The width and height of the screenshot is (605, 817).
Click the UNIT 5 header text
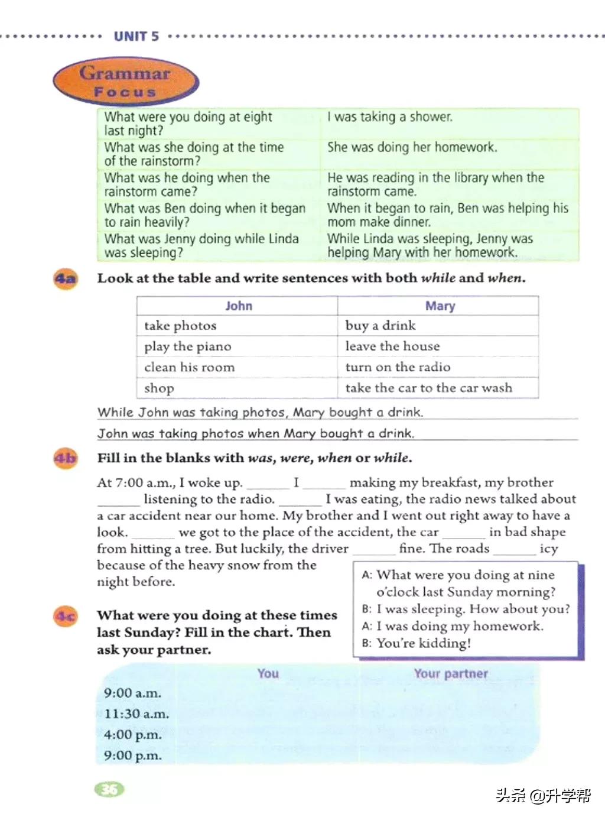click(136, 36)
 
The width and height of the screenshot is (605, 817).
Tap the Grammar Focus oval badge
click(125, 82)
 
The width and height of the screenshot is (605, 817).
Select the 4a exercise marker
click(66, 278)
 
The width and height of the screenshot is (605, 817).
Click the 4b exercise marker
click(66, 458)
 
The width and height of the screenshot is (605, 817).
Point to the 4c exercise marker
click(66, 617)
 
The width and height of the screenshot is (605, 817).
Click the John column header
click(238, 306)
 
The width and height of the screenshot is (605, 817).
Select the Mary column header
click(440, 306)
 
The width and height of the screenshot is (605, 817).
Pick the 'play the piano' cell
click(188, 346)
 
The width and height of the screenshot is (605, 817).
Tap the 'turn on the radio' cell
click(398, 367)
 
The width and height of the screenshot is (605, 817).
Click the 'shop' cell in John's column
click(159, 388)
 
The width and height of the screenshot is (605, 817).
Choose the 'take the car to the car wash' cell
click(428, 388)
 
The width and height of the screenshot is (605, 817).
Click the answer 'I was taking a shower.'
click(390, 117)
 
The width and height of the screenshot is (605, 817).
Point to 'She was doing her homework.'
click(412, 147)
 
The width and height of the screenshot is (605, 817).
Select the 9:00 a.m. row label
click(132, 693)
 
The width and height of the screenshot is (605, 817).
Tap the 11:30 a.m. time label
click(136, 714)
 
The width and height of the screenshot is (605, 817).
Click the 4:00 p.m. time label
click(132, 735)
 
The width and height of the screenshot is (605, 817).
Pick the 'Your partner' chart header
click(451, 673)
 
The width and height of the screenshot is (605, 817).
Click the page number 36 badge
click(109, 789)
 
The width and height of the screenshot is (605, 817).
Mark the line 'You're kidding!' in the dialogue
click(423, 643)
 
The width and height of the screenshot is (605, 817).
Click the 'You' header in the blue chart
click(268, 673)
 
